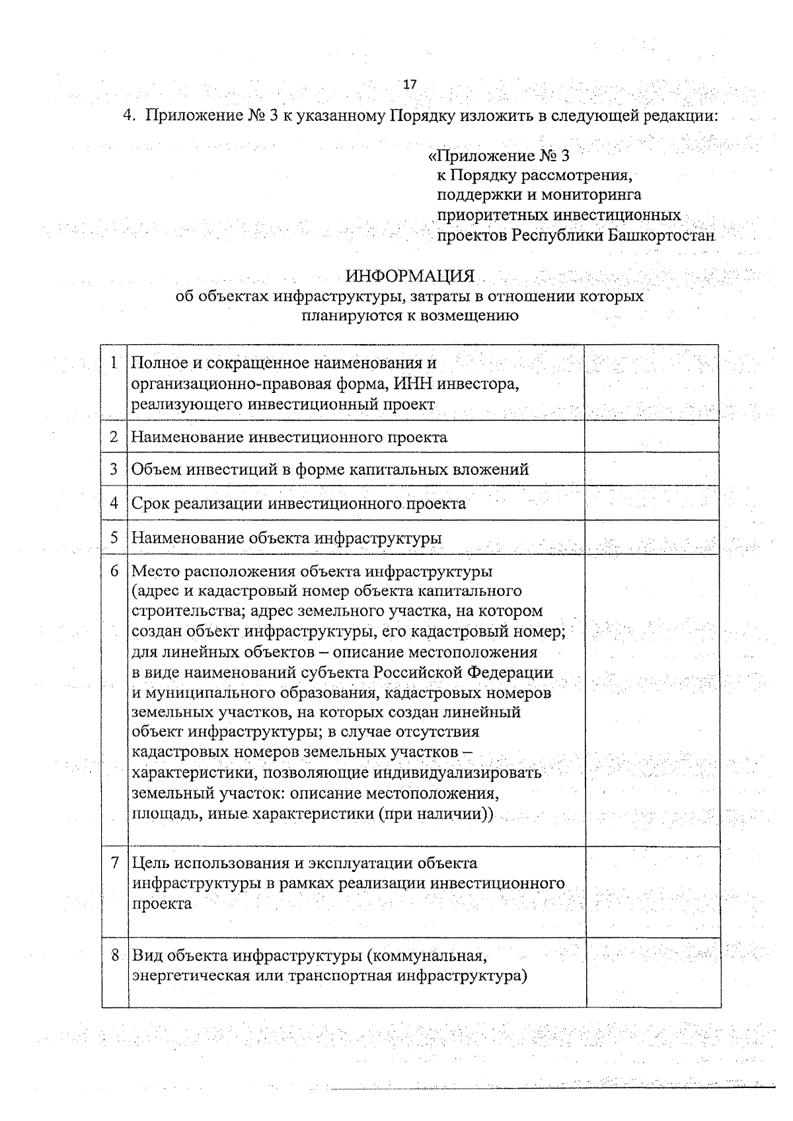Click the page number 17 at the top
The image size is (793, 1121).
tap(410, 85)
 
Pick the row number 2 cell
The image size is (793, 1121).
tap(114, 437)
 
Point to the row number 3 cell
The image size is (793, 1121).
tap(114, 469)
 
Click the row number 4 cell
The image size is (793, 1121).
tap(114, 503)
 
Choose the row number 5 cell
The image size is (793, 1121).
tap(114, 538)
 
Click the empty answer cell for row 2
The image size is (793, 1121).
tap(652, 437)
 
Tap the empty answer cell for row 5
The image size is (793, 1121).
tap(652, 538)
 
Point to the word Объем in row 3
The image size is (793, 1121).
tap(157, 470)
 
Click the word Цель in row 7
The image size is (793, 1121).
tap(151, 863)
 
